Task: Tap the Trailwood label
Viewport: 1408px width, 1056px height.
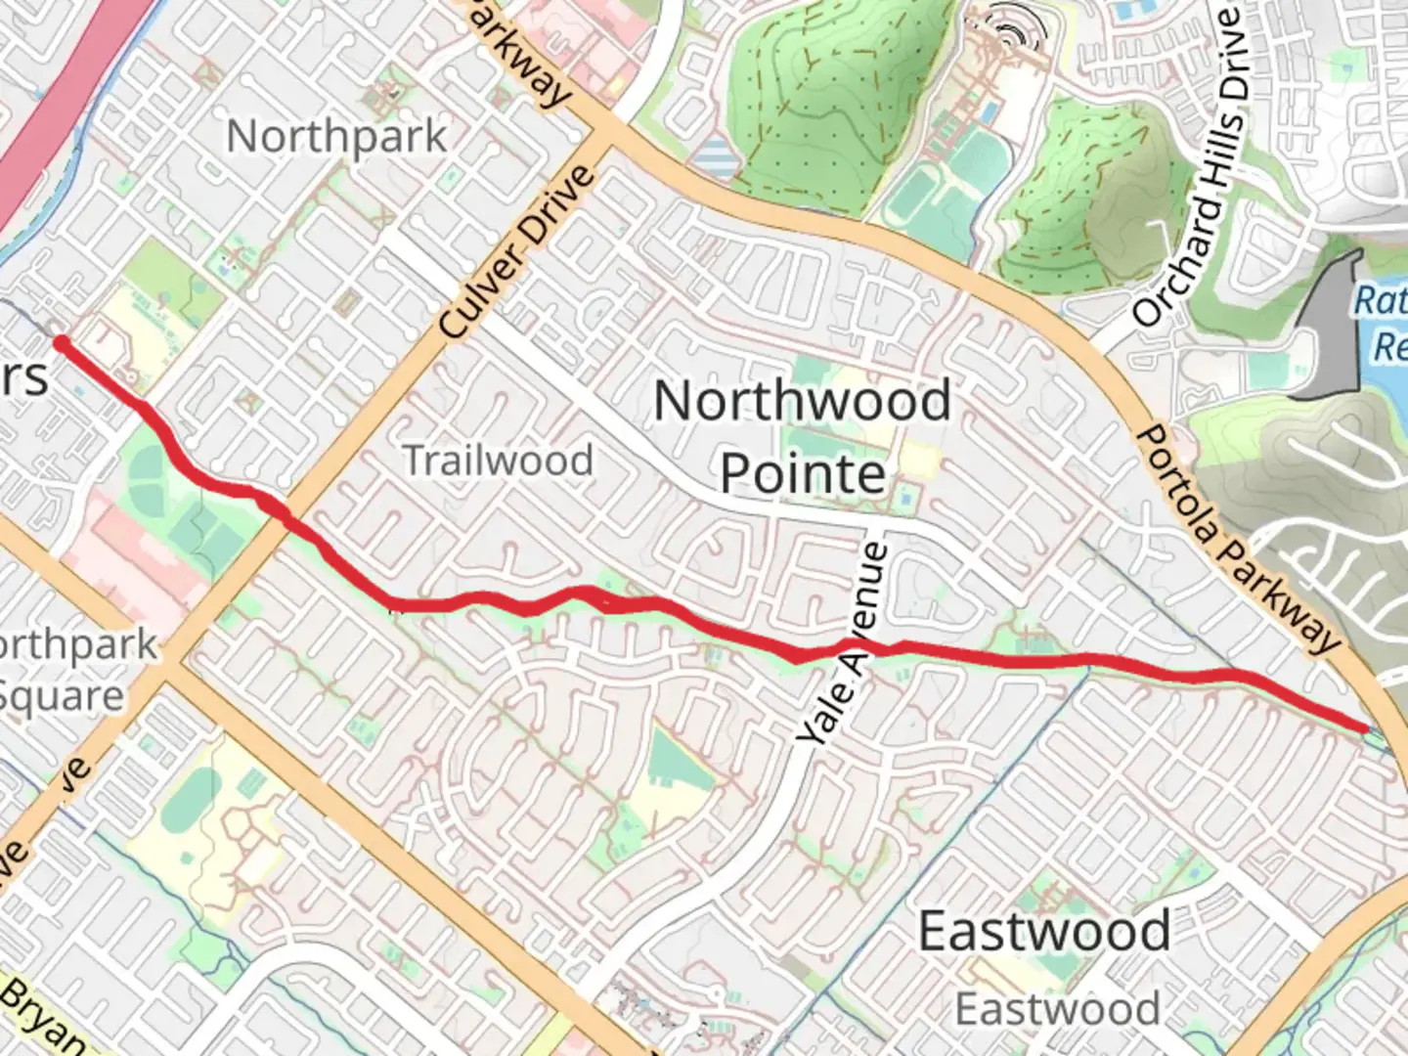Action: [x=498, y=460]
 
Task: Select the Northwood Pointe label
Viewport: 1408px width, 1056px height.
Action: [x=802, y=436]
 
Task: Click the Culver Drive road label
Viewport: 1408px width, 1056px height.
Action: [x=517, y=252]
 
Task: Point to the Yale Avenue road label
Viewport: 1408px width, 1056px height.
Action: [x=843, y=645]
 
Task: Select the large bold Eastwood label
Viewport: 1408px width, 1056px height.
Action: [x=1043, y=930]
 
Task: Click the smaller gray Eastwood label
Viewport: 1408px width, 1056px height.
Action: [x=1057, y=1008]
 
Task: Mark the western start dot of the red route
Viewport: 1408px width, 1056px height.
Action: [x=62, y=342]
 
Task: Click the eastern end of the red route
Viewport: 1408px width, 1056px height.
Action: [x=1364, y=727]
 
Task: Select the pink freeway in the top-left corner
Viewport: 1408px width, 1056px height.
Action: [x=59, y=108]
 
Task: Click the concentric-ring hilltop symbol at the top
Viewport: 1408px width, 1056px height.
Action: [x=1007, y=29]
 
